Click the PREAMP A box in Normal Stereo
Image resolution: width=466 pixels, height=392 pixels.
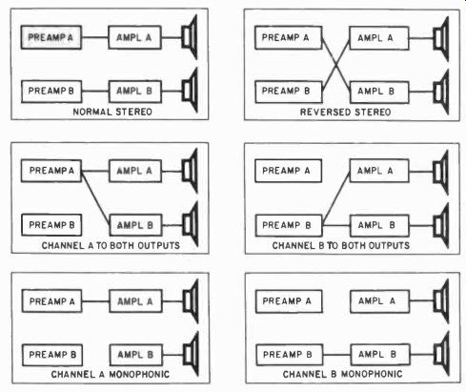coord(51,37)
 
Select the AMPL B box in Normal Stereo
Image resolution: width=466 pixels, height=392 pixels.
coord(135,92)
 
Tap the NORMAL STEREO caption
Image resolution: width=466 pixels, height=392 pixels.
coord(112,112)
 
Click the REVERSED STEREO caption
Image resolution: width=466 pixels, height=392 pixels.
coord(345,113)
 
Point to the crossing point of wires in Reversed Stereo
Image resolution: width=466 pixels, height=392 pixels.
coord(335,66)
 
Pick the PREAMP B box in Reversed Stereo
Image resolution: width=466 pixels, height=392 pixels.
coord(289,92)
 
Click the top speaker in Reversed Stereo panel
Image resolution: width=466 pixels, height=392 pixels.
coord(441,38)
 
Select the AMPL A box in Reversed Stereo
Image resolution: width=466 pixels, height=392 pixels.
coord(379,38)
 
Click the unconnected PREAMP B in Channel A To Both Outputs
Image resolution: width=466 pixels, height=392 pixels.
coord(51,225)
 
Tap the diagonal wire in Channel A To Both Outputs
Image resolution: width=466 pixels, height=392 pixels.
coord(95,198)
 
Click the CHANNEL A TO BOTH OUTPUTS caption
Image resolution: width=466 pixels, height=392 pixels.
coord(111,245)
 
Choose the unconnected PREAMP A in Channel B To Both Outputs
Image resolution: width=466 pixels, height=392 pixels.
coord(288,171)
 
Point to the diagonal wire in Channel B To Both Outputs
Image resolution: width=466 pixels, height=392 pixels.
coord(336,198)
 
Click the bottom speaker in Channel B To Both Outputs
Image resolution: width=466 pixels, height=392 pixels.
coord(441,225)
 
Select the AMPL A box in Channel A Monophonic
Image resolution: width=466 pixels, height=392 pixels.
coord(135,301)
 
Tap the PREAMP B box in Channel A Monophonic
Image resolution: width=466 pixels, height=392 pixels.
coord(52,355)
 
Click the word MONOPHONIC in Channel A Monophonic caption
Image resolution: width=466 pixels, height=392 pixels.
coord(139,374)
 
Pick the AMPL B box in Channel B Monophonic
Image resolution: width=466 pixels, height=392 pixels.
coord(380,355)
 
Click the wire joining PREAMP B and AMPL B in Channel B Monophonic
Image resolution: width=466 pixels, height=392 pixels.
coord(336,355)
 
